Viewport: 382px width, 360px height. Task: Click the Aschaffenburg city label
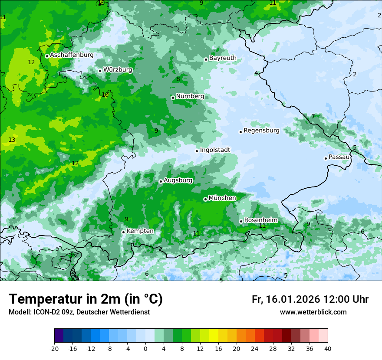click(x=72, y=55)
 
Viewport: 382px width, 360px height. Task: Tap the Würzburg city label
click(x=118, y=69)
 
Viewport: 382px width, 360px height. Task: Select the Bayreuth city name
click(x=223, y=58)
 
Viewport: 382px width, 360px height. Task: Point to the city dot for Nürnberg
click(x=173, y=98)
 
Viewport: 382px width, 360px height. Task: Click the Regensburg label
click(x=261, y=130)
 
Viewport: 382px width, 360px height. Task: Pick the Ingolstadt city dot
click(x=197, y=151)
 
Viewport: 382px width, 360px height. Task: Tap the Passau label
click(x=339, y=157)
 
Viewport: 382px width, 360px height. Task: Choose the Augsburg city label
click(x=178, y=180)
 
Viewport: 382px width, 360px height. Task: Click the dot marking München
click(x=205, y=199)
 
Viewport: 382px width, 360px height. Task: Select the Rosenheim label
click(x=260, y=220)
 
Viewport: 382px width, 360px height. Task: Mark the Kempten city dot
click(x=123, y=232)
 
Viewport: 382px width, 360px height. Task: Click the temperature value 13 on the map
click(x=12, y=140)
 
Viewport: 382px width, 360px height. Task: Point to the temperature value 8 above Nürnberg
click(x=178, y=79)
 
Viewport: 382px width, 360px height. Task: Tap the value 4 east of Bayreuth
click(x=256, y=73)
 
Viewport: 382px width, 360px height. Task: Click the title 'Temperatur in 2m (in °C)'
click(x=86, y=299)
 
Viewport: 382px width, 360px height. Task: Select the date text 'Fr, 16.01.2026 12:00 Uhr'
click(x=310, y=299)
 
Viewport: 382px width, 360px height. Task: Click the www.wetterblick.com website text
click(x=313, y=312)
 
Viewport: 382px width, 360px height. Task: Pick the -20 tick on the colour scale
click(x=54, y=348)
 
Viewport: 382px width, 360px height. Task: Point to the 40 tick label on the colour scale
click(x=327, y=348)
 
